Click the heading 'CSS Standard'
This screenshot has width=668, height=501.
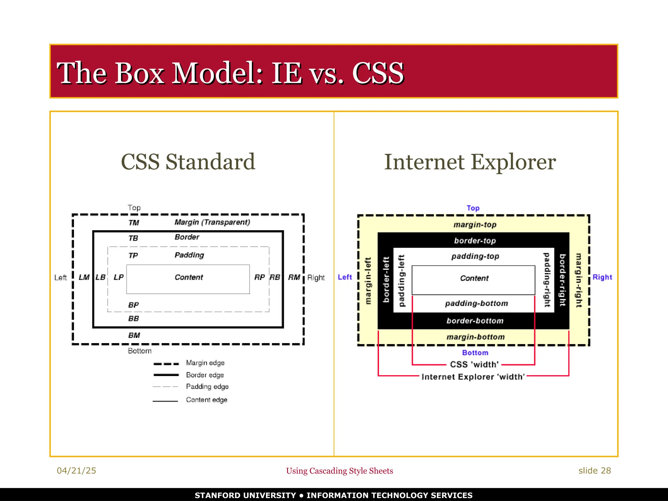click(x=188, y=162)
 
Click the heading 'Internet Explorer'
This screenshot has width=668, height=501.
click(x=470, y=162)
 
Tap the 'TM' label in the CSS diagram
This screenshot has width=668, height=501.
click(x=134, y=223)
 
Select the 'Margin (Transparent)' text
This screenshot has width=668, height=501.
click(x=212, y=222)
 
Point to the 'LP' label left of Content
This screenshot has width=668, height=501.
click(x=118, y=277)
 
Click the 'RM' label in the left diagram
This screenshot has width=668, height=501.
click(x=294, y=277)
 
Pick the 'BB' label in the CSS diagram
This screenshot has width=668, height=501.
click(x=133, y=319)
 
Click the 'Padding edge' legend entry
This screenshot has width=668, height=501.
click(x=207, y=387)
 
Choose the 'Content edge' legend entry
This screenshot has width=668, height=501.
click(x=206, y=400)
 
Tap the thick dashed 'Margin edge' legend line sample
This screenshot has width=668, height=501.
click(x=166, y=364)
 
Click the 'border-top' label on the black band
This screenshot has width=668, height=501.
click(x=475, y=241)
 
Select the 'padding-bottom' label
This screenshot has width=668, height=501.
click(x=477, y=303)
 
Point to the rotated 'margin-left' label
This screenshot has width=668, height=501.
click(x=368, y=281)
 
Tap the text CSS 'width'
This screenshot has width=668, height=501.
click(x=474, y=364)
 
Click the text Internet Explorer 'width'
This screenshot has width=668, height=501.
click(x=473, y=377)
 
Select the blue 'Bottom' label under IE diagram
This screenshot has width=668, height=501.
click(x=475, y=353)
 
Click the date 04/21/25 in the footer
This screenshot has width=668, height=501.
click(x=76, y=471)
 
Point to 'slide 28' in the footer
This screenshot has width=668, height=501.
click(x=594, y=471)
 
